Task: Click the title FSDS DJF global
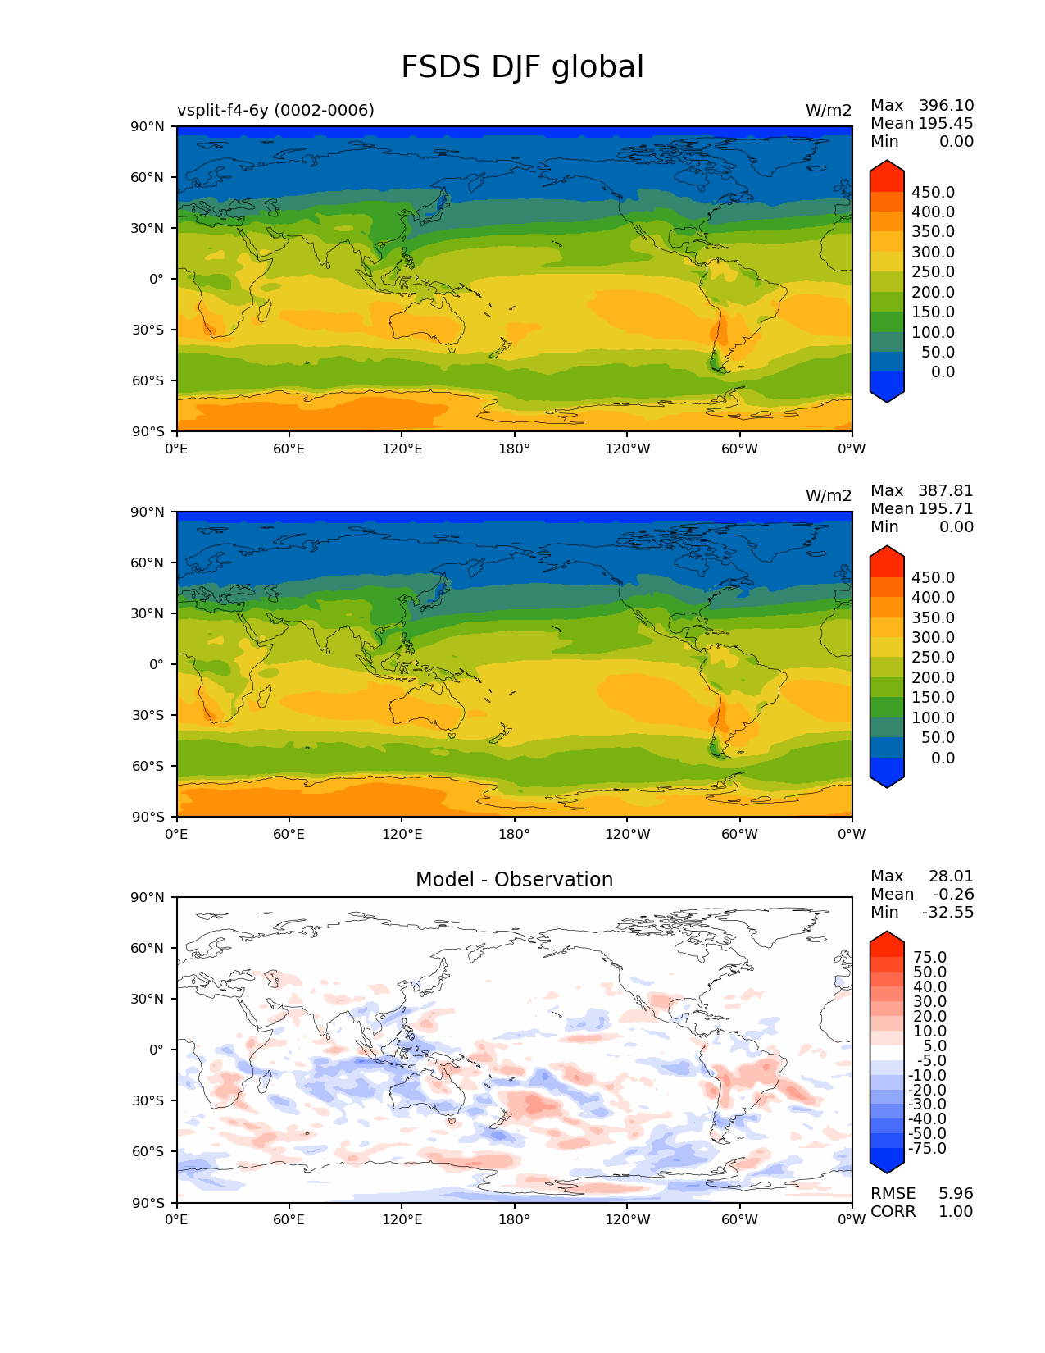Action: click(x=522, y=68)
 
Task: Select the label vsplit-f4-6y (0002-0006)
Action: click(x=275, y=111)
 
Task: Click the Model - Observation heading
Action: click(x=514, y=880)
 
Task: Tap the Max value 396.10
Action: click(x=946, y=106)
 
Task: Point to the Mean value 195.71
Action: click(x=946, y=509)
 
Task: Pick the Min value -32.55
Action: click(x=947, y=913)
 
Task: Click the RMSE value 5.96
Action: click(x=956, y=1194)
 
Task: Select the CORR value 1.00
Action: click(x=956, y=1212)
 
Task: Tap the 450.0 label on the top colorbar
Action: click(x=933, y=193)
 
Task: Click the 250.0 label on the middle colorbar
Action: click(x=933, y=658)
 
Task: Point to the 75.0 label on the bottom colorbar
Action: click(x=929, y=958)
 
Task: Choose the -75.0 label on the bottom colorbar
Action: click(x=927, y=1149)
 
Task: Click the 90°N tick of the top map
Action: click(x=148, y=127)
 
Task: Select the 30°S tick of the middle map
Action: click(x=148, y=716)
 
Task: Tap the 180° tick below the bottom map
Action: click(x=514, y=1220)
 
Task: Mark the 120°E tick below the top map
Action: click(x=402, y=449)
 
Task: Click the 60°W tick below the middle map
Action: click(x=739, y=835)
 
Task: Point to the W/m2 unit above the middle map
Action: click(x=829, y=496)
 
